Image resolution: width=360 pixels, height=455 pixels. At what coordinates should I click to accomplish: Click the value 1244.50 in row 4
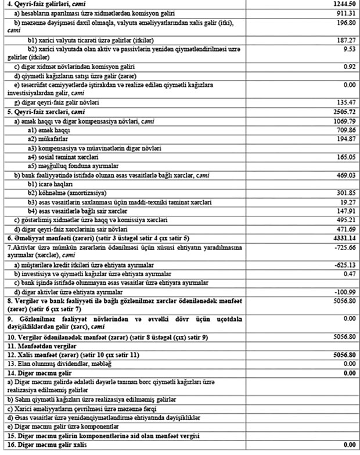343,3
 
